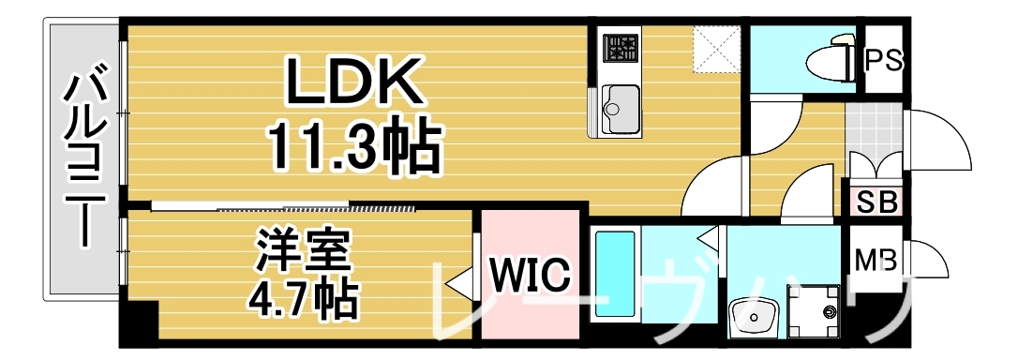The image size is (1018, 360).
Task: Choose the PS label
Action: pos(882,61)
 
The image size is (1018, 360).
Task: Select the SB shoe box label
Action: pos(876,201)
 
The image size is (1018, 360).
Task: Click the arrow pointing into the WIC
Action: pos(460,280)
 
